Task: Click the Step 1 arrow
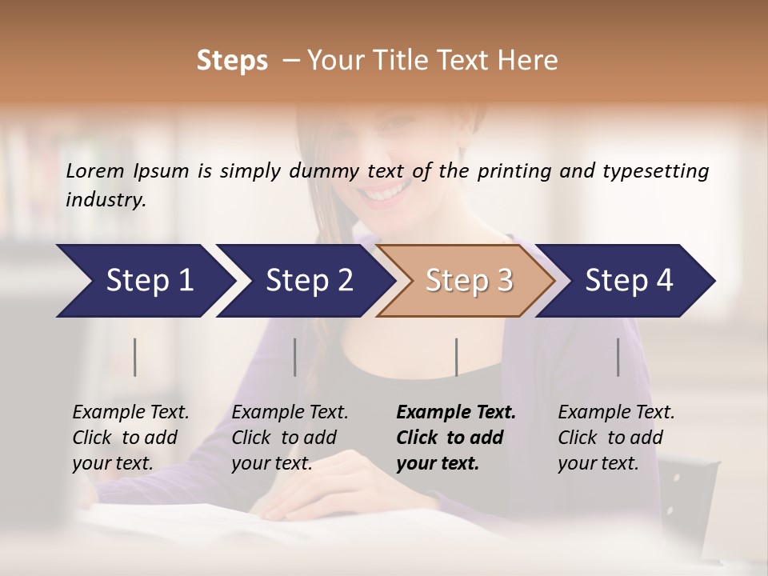144,280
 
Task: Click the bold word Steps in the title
232,61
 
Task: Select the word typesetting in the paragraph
655,171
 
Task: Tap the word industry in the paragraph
106,199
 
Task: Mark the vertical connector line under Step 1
135,357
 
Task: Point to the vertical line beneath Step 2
295,357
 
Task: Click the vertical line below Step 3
456,357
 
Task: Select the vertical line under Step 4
618,357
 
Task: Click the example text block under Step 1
130,438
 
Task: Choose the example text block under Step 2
290,438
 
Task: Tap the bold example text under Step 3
456,438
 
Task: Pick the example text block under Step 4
616,438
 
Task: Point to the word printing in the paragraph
514,171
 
